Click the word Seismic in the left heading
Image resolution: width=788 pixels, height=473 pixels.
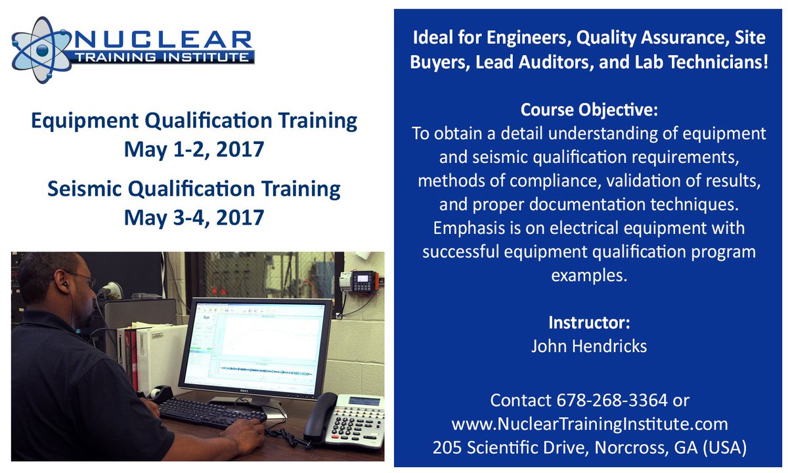click(x=83, y=189)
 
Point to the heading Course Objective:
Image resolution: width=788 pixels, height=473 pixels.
click(x=589, y=108)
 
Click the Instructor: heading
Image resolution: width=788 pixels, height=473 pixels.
click(x=589, y=323)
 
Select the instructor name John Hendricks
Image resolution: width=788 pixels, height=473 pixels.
click(x=589, y=346)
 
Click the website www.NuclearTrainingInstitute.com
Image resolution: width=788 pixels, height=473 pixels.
click(x=589, y=423)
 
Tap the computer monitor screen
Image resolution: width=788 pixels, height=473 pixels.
click(x=256, y=346)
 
